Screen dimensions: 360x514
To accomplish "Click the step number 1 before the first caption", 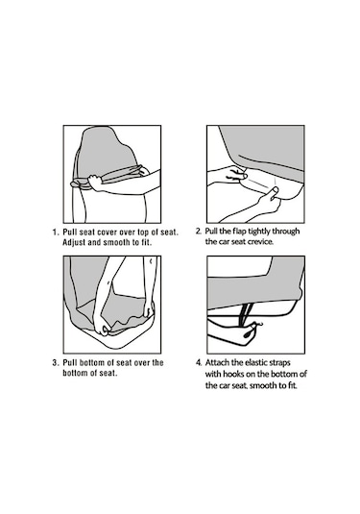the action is click(x=55, y=233).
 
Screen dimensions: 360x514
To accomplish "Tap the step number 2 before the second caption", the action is click(x=198, y=232).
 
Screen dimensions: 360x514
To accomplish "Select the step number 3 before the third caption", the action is click(x=55, y=363).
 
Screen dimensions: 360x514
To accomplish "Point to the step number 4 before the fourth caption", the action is click(x=198, y=362).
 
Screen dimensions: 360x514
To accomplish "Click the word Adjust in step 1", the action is click(x=74, y=243).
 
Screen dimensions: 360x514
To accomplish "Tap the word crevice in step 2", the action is click(x=260, y=242).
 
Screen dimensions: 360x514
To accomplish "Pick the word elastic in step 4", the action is click(x=257, y=362).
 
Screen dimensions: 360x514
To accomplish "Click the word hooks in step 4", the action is click(x=233, y=374).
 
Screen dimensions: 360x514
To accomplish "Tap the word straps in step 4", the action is click(x=280, y=363).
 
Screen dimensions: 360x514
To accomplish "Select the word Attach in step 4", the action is click(x=218, y=362).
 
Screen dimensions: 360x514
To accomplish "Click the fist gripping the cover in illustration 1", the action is click(x=95, y=183).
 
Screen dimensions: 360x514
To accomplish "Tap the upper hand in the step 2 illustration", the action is click(x=235, y=175).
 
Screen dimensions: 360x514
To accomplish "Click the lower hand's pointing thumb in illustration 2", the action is click(x=275, y=191).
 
